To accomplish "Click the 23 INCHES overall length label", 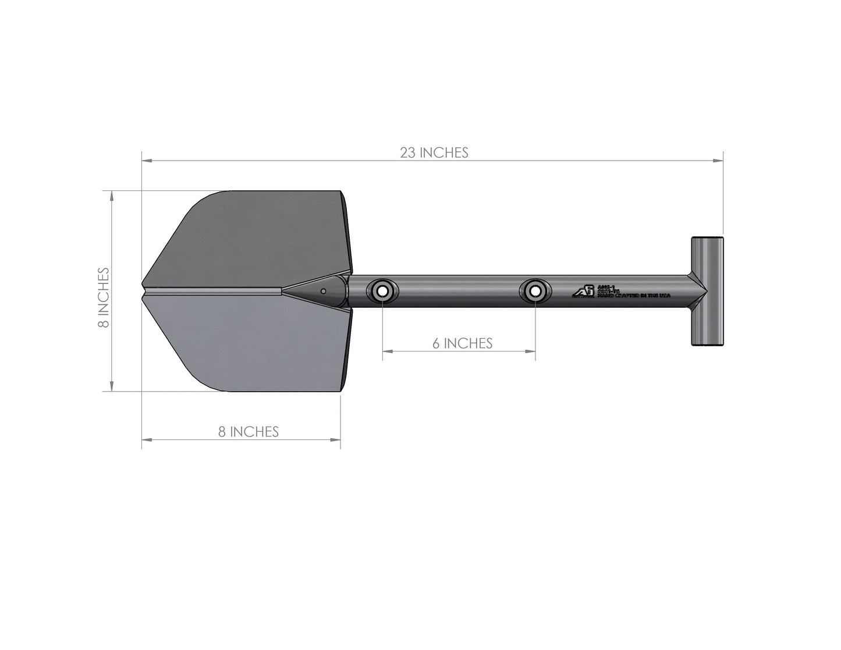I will (434, 152).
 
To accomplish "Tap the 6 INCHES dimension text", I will (462, 343).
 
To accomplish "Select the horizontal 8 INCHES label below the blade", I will (249, 431).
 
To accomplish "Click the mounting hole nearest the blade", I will (382, 291).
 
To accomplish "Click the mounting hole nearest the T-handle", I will (534, 291).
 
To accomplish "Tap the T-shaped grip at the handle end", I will (707, 291).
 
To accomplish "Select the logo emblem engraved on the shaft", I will (583, 291).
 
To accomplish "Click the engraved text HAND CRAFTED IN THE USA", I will (634, 296).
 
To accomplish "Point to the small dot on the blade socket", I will (323, 290).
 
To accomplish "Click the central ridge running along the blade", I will (215, 289).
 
